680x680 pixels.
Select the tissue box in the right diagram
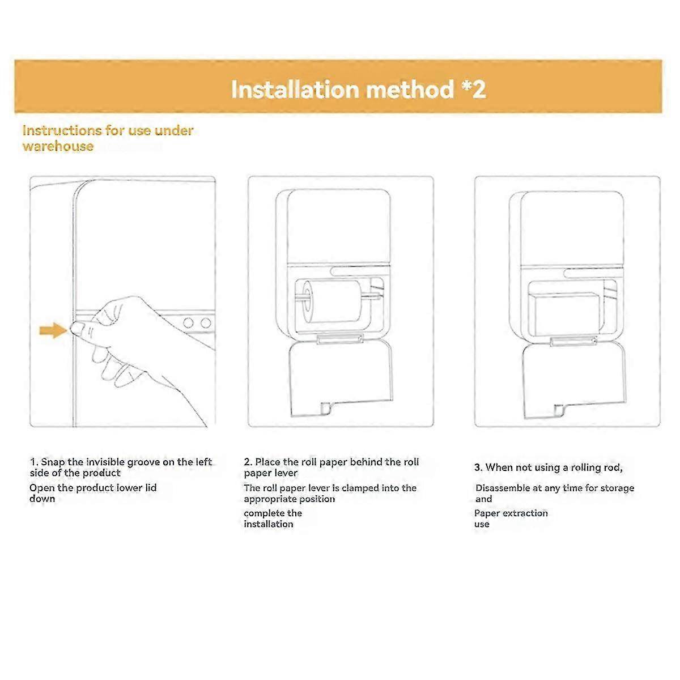pyautogui.click(x=566, y=313)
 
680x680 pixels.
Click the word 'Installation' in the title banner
pyautogui.click(x=295, y=90)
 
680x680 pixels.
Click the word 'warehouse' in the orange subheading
pyautogui.click(x=58, y=146)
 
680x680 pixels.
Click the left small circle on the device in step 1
pyautogui.click(x=188, y=323)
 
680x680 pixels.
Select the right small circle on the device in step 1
pyautogui.click(x=206, y=323)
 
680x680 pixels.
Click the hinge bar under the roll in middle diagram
pyautogui.click(x=339, y=339)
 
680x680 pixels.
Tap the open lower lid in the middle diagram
pyautogui.click(x=340, y=377)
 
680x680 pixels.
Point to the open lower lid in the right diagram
pyautogui.click(x=572, y=380)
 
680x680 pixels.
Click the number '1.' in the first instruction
pyautogui.click(x=34, y=462)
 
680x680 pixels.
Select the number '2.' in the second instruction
pyautogui.click(x=248, y=462)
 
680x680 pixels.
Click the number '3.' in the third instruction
pyautogui.click(x=478, y=467)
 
